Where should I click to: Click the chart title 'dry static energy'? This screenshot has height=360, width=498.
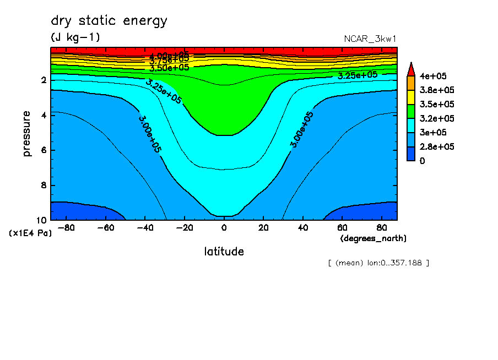tap(109, 21)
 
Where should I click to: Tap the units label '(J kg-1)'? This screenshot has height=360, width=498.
tap(75, 37)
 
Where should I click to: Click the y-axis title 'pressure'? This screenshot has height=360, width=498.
tap(27, 133)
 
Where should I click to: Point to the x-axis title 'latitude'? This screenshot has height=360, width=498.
tap(224, 252)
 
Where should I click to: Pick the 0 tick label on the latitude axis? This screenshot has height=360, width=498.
tap(224, 227)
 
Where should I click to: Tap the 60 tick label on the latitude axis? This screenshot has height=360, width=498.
tap(342, 227)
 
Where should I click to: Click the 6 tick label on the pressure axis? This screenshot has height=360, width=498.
tap(43, 150)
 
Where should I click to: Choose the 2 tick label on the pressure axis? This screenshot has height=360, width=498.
tap(43, 80)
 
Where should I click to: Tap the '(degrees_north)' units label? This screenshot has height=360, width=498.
tap(374, 238)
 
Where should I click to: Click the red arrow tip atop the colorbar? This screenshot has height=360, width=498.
tap(410, 68)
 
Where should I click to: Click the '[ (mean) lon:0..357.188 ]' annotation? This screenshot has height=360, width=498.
tap(378, 263)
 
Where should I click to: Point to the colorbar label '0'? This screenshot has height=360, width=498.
tap(423, 161)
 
